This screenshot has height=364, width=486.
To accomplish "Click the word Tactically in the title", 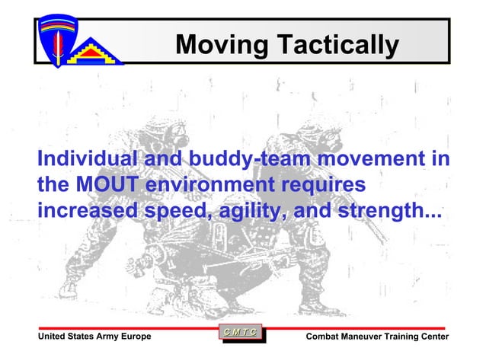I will pos(337,45).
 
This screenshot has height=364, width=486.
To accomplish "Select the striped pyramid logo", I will pos(96,53).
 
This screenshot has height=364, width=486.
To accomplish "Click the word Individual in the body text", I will pos(85,161).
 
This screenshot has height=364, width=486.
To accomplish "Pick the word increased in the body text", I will pos(82,210).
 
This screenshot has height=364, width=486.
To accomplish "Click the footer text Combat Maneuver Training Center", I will pos(376,337).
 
